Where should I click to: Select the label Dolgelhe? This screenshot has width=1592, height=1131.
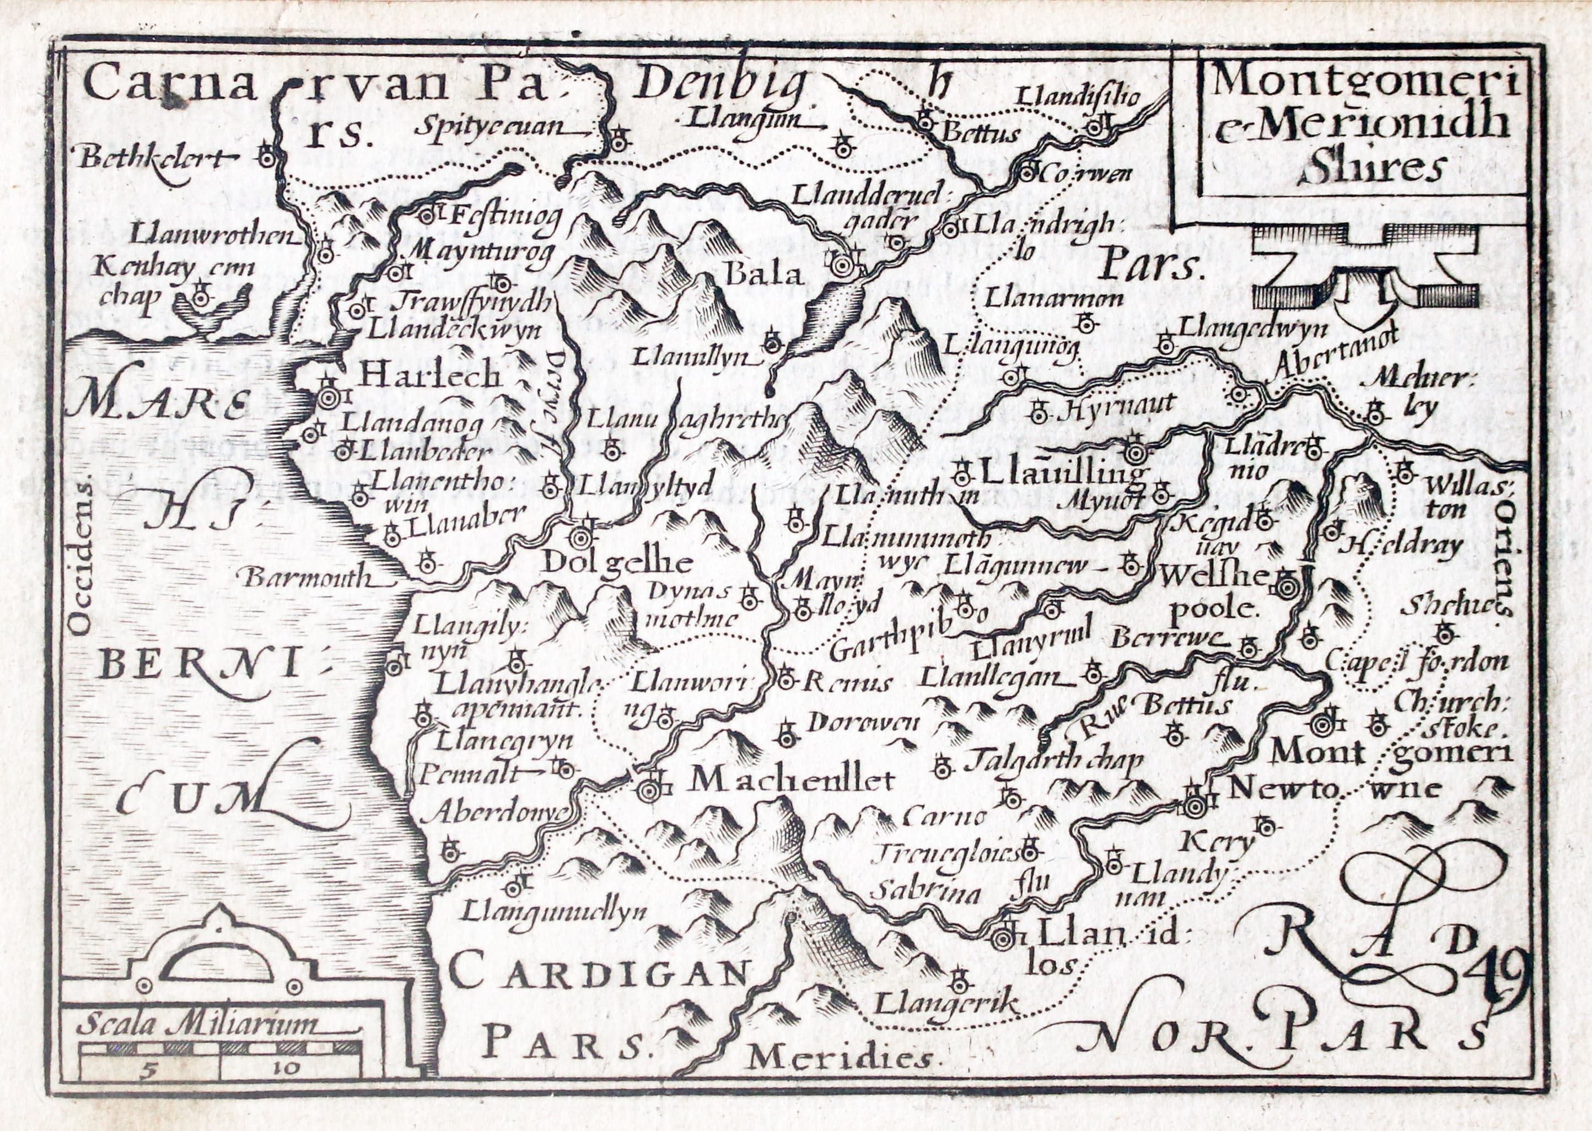(616, 563)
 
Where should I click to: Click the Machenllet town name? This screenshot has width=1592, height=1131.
(790, 780)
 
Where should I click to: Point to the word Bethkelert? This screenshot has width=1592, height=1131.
(154, 159)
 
